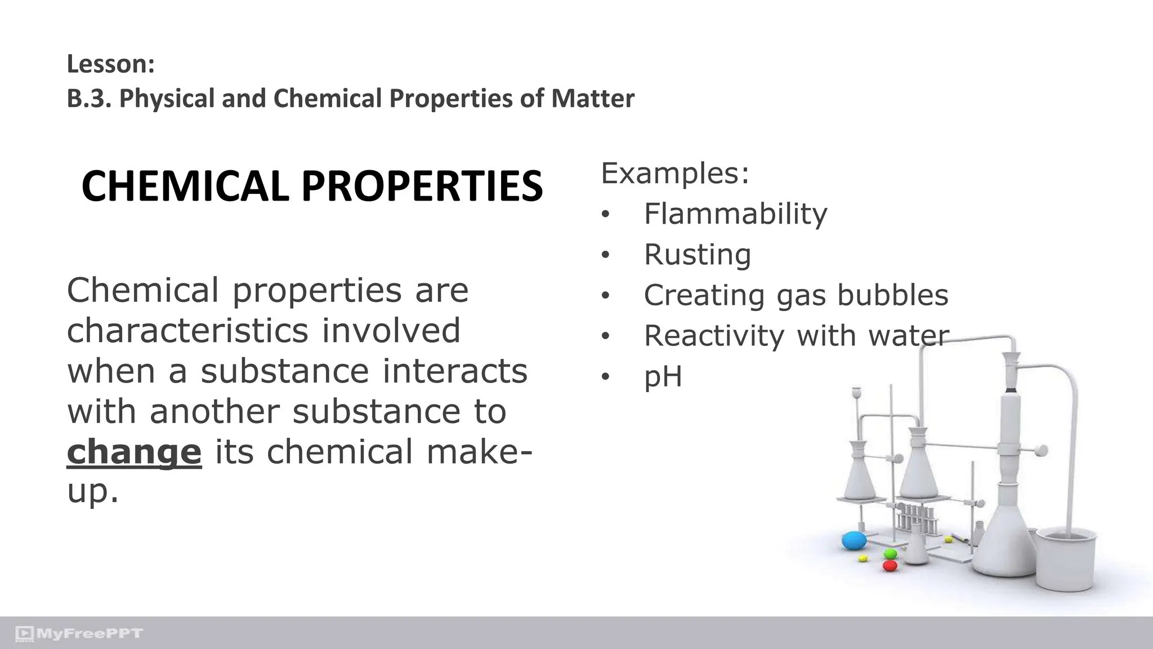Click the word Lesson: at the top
pos(110,64)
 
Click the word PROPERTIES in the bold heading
pos(422,186)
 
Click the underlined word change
pos(134,452)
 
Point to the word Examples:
pos(675,173)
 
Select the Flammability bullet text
pos(735,214)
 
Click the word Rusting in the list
pos(697,255)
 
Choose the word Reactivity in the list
pos(713,336)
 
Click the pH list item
pos(663,377)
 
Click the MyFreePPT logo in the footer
pos(79,634)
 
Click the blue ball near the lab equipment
pos(854,541)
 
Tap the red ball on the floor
pos(890,565)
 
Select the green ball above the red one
pos(890,554)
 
